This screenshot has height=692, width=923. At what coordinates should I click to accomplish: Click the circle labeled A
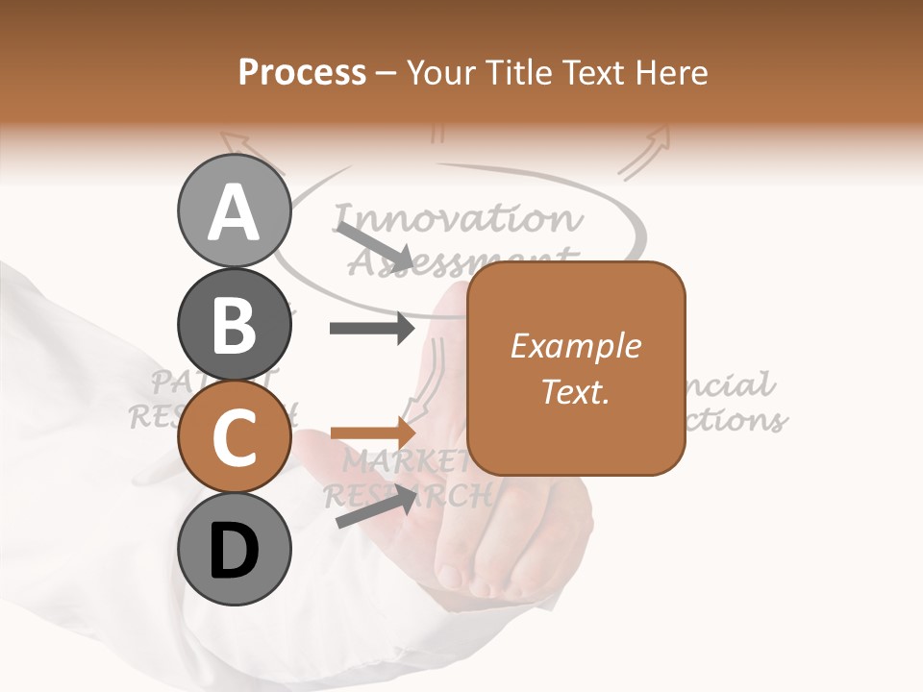tap(235, 210)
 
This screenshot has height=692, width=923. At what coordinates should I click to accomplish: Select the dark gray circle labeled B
tap(235, 324)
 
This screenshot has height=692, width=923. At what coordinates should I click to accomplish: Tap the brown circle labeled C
tap(235, 436)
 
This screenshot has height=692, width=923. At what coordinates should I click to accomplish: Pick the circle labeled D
tap(235, 550)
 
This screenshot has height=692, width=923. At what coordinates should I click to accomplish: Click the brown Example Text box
tap(576, 368)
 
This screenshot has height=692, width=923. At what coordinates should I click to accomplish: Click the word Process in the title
tap(302, 72)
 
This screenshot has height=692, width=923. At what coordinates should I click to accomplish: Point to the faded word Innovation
tap(457, 219)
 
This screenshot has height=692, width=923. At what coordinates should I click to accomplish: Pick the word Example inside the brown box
tap(576, 346)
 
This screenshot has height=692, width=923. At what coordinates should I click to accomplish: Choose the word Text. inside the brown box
tap(576, 391)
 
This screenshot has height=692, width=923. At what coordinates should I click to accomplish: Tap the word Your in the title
tap(440, 72)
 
